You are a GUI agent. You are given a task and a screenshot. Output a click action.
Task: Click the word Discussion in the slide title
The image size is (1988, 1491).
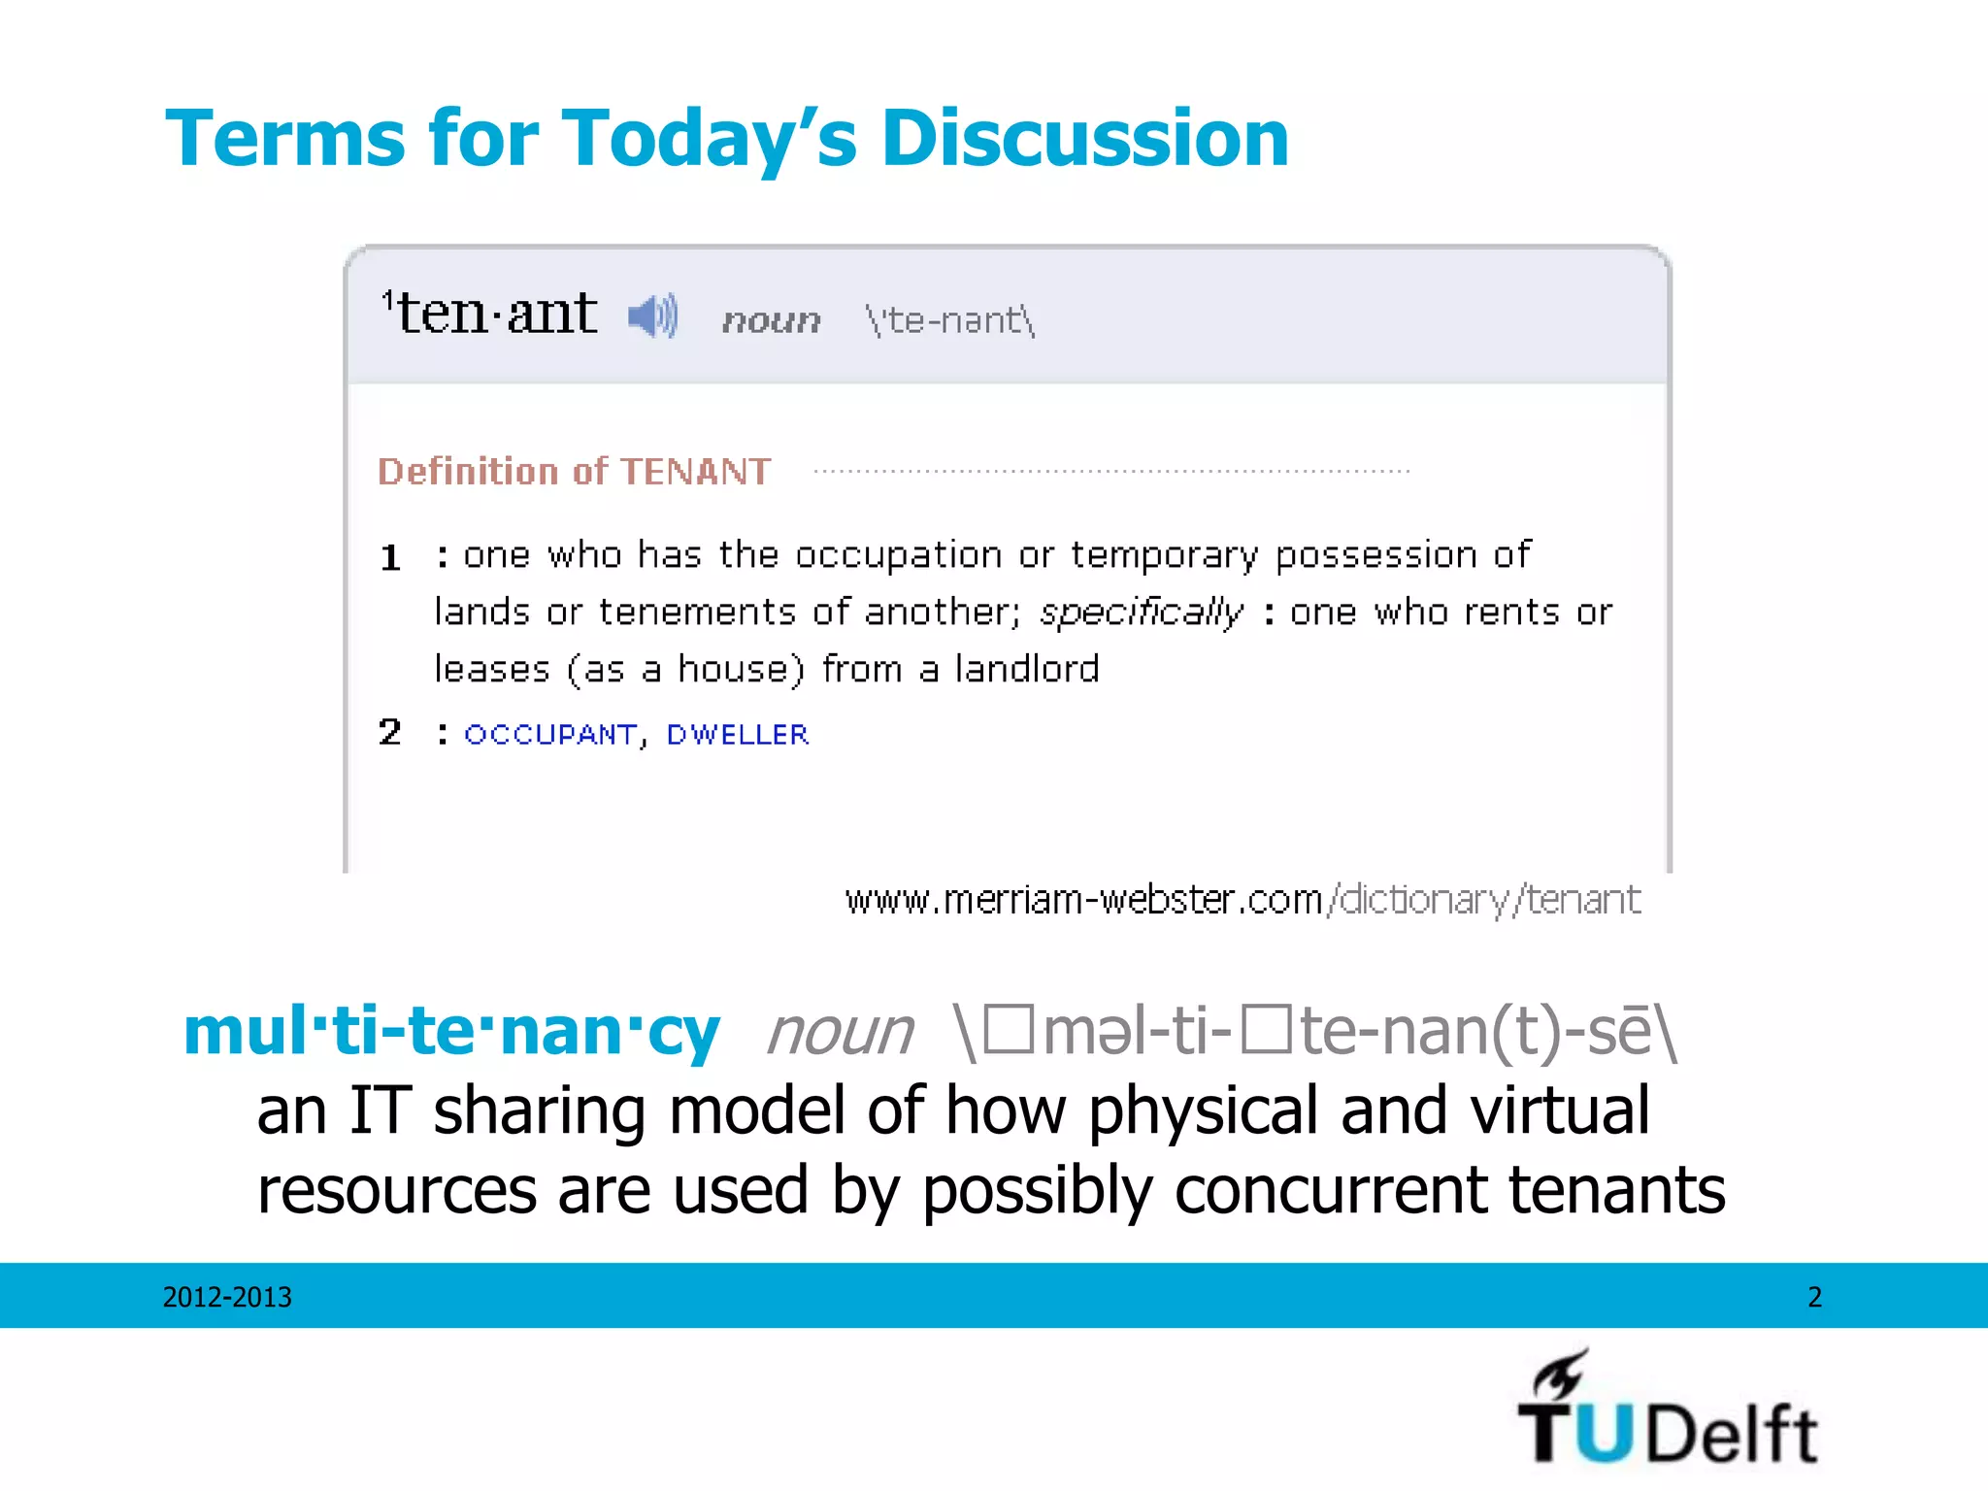[x=1084, y=139]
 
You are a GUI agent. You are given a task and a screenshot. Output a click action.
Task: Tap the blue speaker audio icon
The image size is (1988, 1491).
[x=652, y=315]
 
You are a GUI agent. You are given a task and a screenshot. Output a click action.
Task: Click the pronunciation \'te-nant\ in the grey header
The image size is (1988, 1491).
[x=950, y=319]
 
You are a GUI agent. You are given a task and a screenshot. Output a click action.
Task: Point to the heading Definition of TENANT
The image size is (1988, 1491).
[x=574, y=472]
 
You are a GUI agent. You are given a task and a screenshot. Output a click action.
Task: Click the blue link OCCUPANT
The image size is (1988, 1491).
[x=550, y=735]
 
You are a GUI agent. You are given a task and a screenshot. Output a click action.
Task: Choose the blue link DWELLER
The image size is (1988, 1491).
[x=737, y=735]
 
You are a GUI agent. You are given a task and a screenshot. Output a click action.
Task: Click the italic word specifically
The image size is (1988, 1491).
[x=1141, y=613]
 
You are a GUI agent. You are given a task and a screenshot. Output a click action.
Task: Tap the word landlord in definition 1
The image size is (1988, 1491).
[x=1027, y=670]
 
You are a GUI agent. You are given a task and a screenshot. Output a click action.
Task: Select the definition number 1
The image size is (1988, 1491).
[x=390, y=558]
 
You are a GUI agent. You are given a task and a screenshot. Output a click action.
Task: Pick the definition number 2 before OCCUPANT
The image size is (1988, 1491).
[x=390, y=732]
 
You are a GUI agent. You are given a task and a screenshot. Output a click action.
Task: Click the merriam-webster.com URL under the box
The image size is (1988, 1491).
[x=1242, y=900]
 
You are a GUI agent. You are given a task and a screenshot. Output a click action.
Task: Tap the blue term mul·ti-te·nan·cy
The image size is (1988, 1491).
[x=451, y=1031]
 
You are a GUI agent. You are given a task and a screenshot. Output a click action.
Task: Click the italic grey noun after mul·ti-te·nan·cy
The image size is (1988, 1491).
[x=840, y=1032]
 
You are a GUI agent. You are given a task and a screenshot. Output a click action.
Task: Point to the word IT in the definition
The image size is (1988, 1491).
[x=380, y=1110]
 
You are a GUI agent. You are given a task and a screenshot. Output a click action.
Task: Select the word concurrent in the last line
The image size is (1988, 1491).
[x=1330, y=1190]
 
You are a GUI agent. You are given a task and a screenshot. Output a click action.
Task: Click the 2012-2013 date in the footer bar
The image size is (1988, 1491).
[x=227, y=1297]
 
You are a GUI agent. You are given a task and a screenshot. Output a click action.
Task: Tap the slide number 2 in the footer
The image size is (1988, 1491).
[x=1814, y=1297]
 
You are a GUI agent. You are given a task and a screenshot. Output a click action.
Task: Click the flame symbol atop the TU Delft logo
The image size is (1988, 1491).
[x=1560, y=1374]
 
